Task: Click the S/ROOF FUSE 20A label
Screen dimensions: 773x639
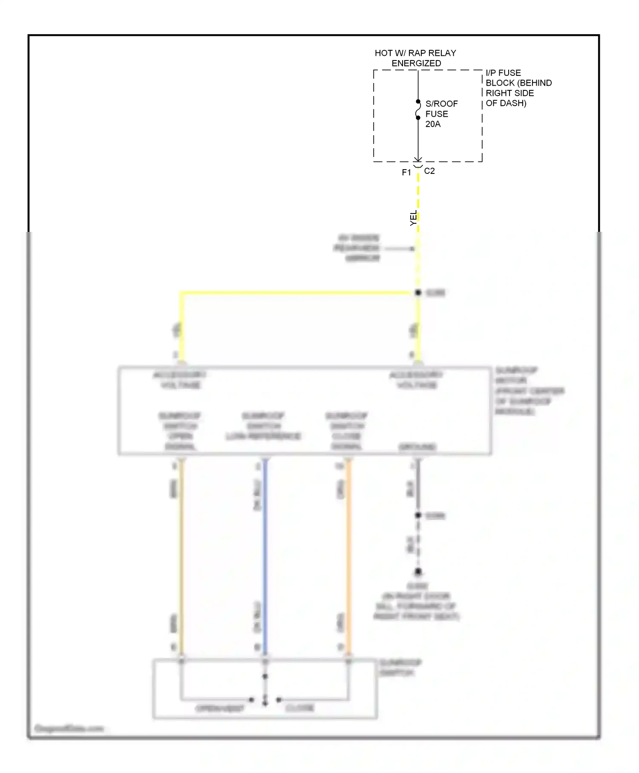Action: [441, 114]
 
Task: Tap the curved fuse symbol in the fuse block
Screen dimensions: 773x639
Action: [418, 110]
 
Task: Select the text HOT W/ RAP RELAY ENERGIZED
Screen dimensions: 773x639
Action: [415, 58]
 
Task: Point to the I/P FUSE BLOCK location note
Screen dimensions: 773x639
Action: [518, 88]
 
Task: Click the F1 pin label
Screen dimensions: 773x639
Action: [406, 173]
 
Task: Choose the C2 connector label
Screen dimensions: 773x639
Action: [429, 171]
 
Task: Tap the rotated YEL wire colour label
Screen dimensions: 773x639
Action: [413, 218]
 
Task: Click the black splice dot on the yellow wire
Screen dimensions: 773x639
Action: [418, 293]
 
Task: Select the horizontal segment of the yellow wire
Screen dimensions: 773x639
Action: [298, 293]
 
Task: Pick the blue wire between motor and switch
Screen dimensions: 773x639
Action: [265, 554]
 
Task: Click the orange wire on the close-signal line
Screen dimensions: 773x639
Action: [348, 554]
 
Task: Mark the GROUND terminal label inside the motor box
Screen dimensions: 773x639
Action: [417, 447]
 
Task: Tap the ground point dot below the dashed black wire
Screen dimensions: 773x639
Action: [418, 572]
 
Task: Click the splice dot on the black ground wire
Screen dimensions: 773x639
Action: [418, 516]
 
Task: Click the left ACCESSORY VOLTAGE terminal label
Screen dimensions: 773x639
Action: [180, 380]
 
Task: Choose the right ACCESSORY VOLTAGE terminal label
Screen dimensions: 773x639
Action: [416, 380]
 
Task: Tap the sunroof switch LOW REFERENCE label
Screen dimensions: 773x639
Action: [263, 426]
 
